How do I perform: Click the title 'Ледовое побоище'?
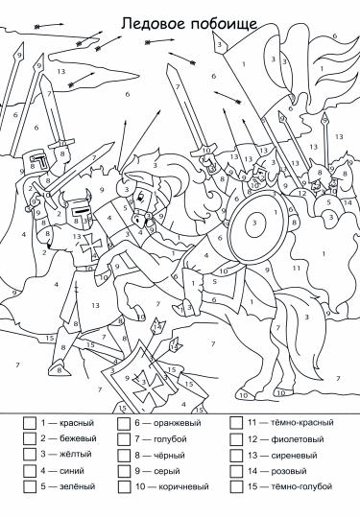[x=189, y=23]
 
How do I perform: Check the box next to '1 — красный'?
[x=30, y=423]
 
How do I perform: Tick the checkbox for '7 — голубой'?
[x=124, y=439]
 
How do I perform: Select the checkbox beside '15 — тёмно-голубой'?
[x=236, y=486]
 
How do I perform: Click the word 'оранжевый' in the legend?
[x=178, y=423]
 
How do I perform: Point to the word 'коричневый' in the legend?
[x=183, y=487]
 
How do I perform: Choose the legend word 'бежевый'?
[x=78, y=438]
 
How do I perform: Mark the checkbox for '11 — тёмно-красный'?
[x=236, y=422]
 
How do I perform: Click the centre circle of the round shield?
[x=254, y=223]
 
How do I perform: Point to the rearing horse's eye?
[x=141, y=197]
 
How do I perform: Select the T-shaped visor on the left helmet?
[x=40, y=161]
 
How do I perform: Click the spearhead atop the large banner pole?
[x=219, y=43]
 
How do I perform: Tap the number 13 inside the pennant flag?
[x=61, y=71]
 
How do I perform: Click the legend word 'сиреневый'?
[x=294, y=456]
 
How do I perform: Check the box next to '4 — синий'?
[x=30, y=471]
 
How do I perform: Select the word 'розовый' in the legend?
[x=289, y=471]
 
